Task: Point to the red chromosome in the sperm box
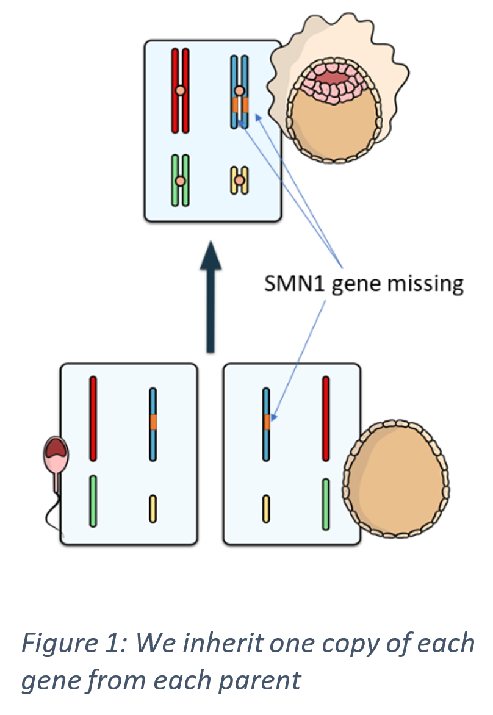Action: [93, 419]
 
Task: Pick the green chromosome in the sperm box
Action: [93, 501]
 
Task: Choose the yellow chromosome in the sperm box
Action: [153, 509]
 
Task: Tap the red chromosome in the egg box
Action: [326, 419]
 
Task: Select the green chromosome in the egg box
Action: [326, 504]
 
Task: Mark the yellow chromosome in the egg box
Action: [266, 509]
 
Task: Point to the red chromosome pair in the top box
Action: [180, 90]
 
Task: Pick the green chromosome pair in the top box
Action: [180, 181]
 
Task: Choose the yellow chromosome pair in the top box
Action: [240, 181]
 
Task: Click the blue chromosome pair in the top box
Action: [240, 92]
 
